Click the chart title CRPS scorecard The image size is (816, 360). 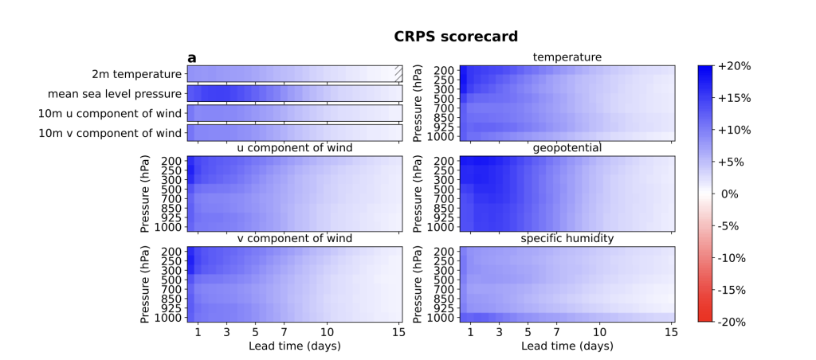[x=456, y=37]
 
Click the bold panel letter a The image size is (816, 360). [x=192, y=57]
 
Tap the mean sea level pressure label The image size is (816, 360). [x=114, y=94]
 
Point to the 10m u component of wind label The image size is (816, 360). [x=110, y=113]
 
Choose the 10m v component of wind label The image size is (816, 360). [x=110, y=133]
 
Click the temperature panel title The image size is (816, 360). [x=567, y=57]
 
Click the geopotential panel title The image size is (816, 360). [x=567, y=148]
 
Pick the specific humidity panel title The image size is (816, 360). [x=567, y=239]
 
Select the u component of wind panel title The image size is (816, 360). [x=295, y=148]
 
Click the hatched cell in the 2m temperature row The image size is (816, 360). [x=398, y=74]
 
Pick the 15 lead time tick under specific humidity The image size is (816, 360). [x=670, y=331]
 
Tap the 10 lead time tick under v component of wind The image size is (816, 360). [x=327, y=331]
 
